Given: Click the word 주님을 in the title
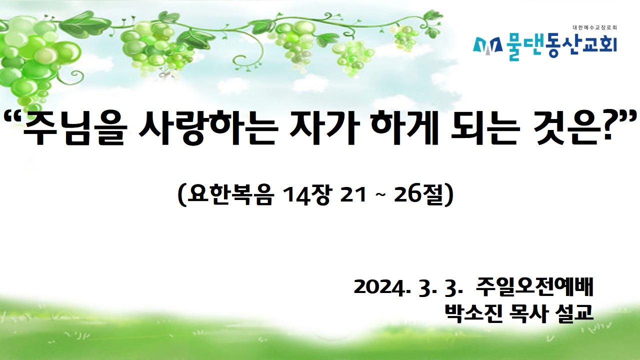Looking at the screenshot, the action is (x=73, y=127).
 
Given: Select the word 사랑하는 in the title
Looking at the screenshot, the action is (x=208, y=127).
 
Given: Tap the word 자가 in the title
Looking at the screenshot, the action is (x=323, y=127).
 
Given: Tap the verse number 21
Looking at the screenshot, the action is (x=353, y=195).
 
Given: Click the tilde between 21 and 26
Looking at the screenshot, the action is (x=380, y=195).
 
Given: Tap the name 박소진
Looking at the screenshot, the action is (x=473, y=313).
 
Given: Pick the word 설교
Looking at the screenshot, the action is (x=573, y=313).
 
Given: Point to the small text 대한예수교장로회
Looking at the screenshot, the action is (x=594, y=28).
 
